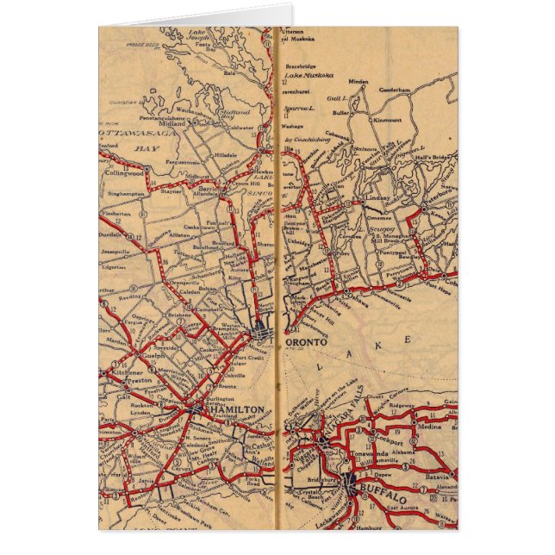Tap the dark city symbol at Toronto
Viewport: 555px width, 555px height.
260,330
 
